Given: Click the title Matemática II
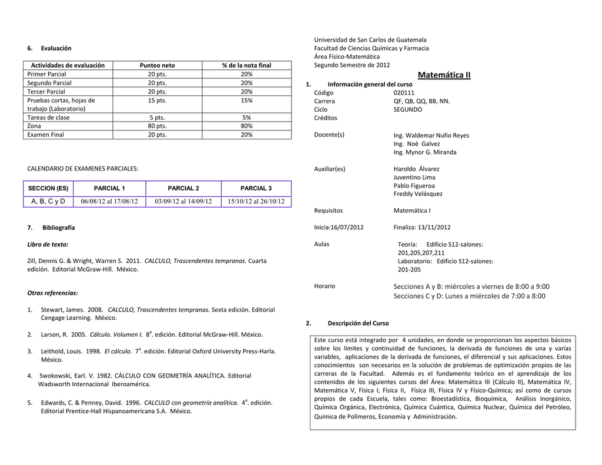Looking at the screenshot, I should coord(444,75).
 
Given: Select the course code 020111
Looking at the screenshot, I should coord(404,93).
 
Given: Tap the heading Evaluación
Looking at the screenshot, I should coord(56,48).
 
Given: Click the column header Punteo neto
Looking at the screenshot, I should coord(157,65).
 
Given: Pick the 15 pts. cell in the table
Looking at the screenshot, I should coord(157,101).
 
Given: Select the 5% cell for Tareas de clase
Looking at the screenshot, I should coord(246,118).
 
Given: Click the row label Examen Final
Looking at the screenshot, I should coord(46,135).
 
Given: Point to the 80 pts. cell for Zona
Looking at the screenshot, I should coord(157,126).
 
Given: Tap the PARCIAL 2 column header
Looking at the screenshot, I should coord(183,188).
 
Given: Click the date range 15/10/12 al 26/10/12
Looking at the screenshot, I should coord(256,202).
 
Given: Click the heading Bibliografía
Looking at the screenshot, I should coord(58,228).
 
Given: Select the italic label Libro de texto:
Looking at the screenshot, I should coord(48,244).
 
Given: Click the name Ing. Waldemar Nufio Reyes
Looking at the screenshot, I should coord(431,135).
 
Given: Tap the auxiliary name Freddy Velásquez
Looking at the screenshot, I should coord(418,193).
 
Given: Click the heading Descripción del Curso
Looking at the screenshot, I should coord(358,323).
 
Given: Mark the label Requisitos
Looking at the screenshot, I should coord(329,210).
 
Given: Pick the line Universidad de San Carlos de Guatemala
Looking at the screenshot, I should coord(370,39).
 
